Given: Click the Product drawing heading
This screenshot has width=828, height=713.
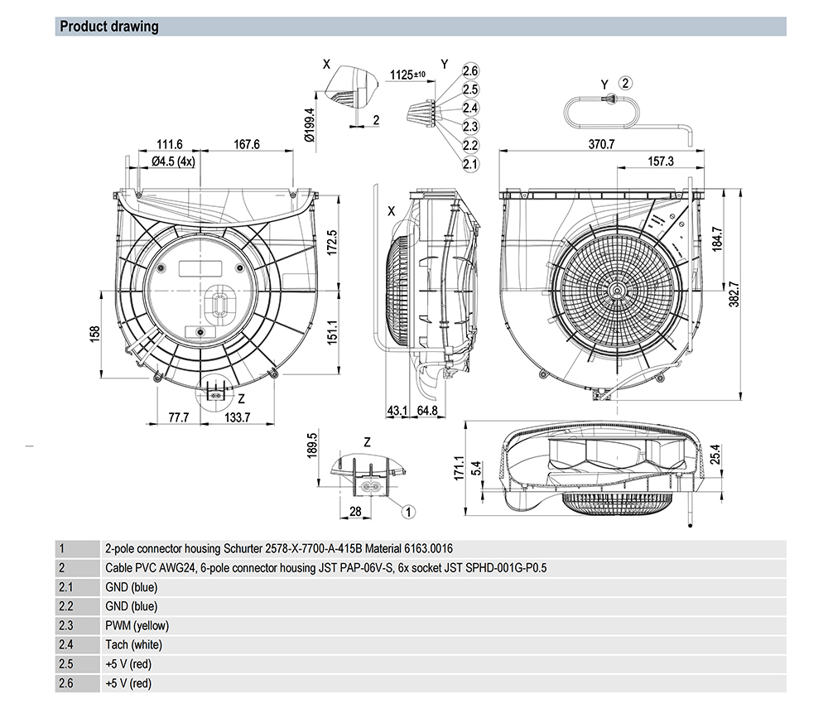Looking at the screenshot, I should (108, 26).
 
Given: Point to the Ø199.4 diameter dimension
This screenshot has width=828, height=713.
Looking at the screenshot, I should (310, 126).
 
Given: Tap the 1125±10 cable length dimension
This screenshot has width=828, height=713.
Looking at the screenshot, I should (407, 75).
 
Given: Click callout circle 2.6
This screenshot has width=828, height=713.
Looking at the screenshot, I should (470, 71).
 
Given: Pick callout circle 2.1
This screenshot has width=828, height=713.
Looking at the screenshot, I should (470, 164).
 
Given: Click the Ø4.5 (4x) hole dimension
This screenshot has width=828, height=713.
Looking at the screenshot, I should (174, 161).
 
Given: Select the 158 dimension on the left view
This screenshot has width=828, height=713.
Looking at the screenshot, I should (95, 333).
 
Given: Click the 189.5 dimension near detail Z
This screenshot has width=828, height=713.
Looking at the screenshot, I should (312, 446).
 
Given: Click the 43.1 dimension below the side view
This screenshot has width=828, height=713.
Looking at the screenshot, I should (397, 411).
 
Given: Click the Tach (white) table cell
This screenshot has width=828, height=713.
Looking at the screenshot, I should (133, 645).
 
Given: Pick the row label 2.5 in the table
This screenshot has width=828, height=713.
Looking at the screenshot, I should (66, 664).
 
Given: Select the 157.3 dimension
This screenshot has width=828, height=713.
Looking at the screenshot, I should (660, 161).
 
